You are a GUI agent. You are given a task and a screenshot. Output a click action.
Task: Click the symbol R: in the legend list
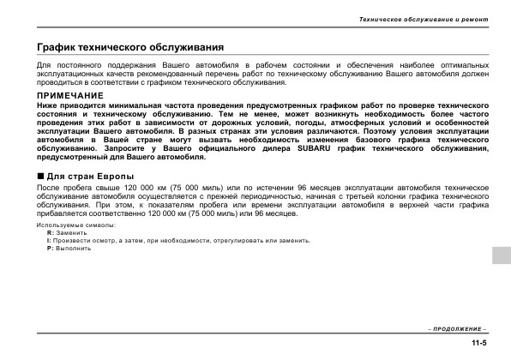pyautogui.click(x=50, y=233)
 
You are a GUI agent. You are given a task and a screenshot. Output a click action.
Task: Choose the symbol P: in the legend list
pyautogui.click(x=50, y=249)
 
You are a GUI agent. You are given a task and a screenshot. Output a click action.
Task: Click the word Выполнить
pyautogui.click(x=74, y=249)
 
